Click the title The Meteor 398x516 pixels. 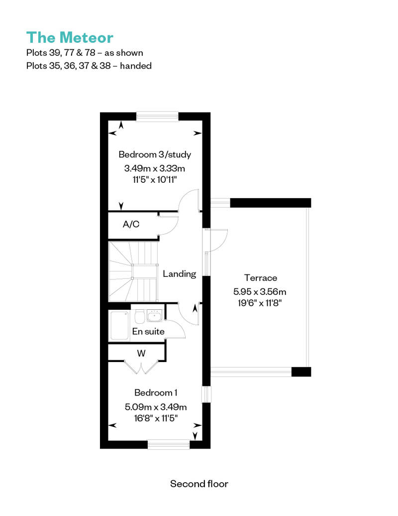click(70, 37)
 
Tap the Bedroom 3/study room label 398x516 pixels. click(155, 154)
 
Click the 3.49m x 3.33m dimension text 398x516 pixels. click(154, 168)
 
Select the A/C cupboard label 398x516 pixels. click(131, 224)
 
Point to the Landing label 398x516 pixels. click(180, 274)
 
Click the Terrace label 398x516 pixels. click(261, 278)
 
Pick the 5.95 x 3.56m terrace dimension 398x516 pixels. click(260, 291)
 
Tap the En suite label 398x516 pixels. click(148, 331)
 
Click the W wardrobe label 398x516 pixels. click(141, 354)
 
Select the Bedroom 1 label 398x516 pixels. click(156, 392)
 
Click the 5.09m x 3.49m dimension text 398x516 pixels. click(156, 407)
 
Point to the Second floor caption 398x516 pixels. click(199, 484)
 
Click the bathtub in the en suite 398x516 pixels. click(119, 325)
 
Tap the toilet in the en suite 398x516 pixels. click(139, 317)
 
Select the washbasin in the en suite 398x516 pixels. click(154, 316)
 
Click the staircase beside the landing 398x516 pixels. click(133, 271)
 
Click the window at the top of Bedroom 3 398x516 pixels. click(157, 117)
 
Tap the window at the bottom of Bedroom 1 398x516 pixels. click(169, 445)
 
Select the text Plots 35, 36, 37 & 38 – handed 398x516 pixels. click(89, 66)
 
